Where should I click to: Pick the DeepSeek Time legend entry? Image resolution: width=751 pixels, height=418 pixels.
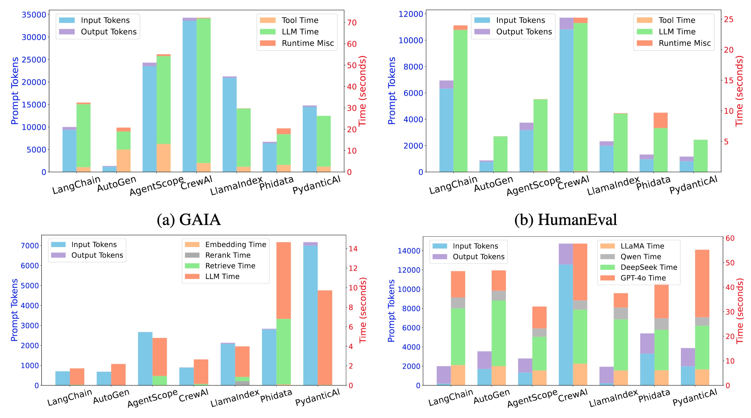[x=649, y=267]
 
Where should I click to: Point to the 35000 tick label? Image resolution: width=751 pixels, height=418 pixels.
[x=34, y=15]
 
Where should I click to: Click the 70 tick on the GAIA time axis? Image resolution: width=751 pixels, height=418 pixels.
[x=352, y=23]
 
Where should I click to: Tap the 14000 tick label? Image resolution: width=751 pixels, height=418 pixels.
[x=409, y=251]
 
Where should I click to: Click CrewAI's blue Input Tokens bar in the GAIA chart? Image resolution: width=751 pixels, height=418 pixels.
[x=189, y=96]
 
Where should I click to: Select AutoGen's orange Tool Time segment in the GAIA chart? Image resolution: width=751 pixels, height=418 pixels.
[x=124, y=161]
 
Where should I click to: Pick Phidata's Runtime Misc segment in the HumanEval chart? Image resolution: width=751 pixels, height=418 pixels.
[x=660, y=120]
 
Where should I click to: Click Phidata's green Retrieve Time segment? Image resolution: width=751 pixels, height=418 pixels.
[x=283, y=351]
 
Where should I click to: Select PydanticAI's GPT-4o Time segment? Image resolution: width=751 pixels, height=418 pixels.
[x=702, y=283]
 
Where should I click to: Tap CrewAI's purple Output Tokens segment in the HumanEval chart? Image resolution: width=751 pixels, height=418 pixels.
[x=566, y=23]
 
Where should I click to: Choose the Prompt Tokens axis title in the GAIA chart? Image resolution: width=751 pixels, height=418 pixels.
[x=15, y=91]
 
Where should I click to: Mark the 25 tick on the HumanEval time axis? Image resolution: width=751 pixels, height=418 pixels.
[x=729, y=19]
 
